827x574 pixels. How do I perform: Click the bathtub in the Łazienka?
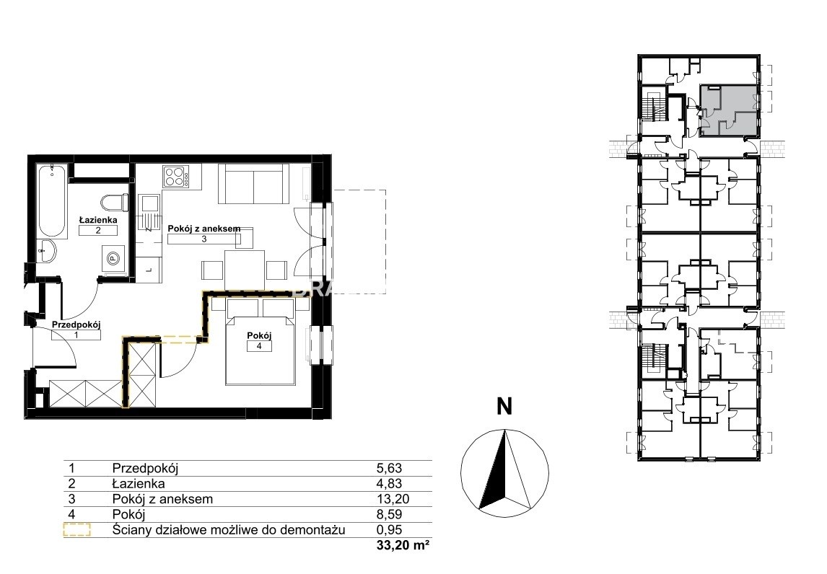52,201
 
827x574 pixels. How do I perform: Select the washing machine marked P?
113,258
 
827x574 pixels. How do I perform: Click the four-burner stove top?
177,177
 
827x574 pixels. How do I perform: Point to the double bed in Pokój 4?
260,342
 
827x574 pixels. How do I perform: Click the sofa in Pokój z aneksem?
254,183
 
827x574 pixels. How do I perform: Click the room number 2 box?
98,230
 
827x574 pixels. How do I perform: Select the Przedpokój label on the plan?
76,325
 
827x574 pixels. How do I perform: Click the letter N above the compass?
504,407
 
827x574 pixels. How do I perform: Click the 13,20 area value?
393,498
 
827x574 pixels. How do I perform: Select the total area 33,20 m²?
403,546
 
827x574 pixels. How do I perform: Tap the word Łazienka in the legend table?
138,483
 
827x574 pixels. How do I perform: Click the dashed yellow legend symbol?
76,530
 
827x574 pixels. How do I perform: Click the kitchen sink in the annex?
149,203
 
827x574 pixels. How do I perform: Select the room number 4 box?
259,346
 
